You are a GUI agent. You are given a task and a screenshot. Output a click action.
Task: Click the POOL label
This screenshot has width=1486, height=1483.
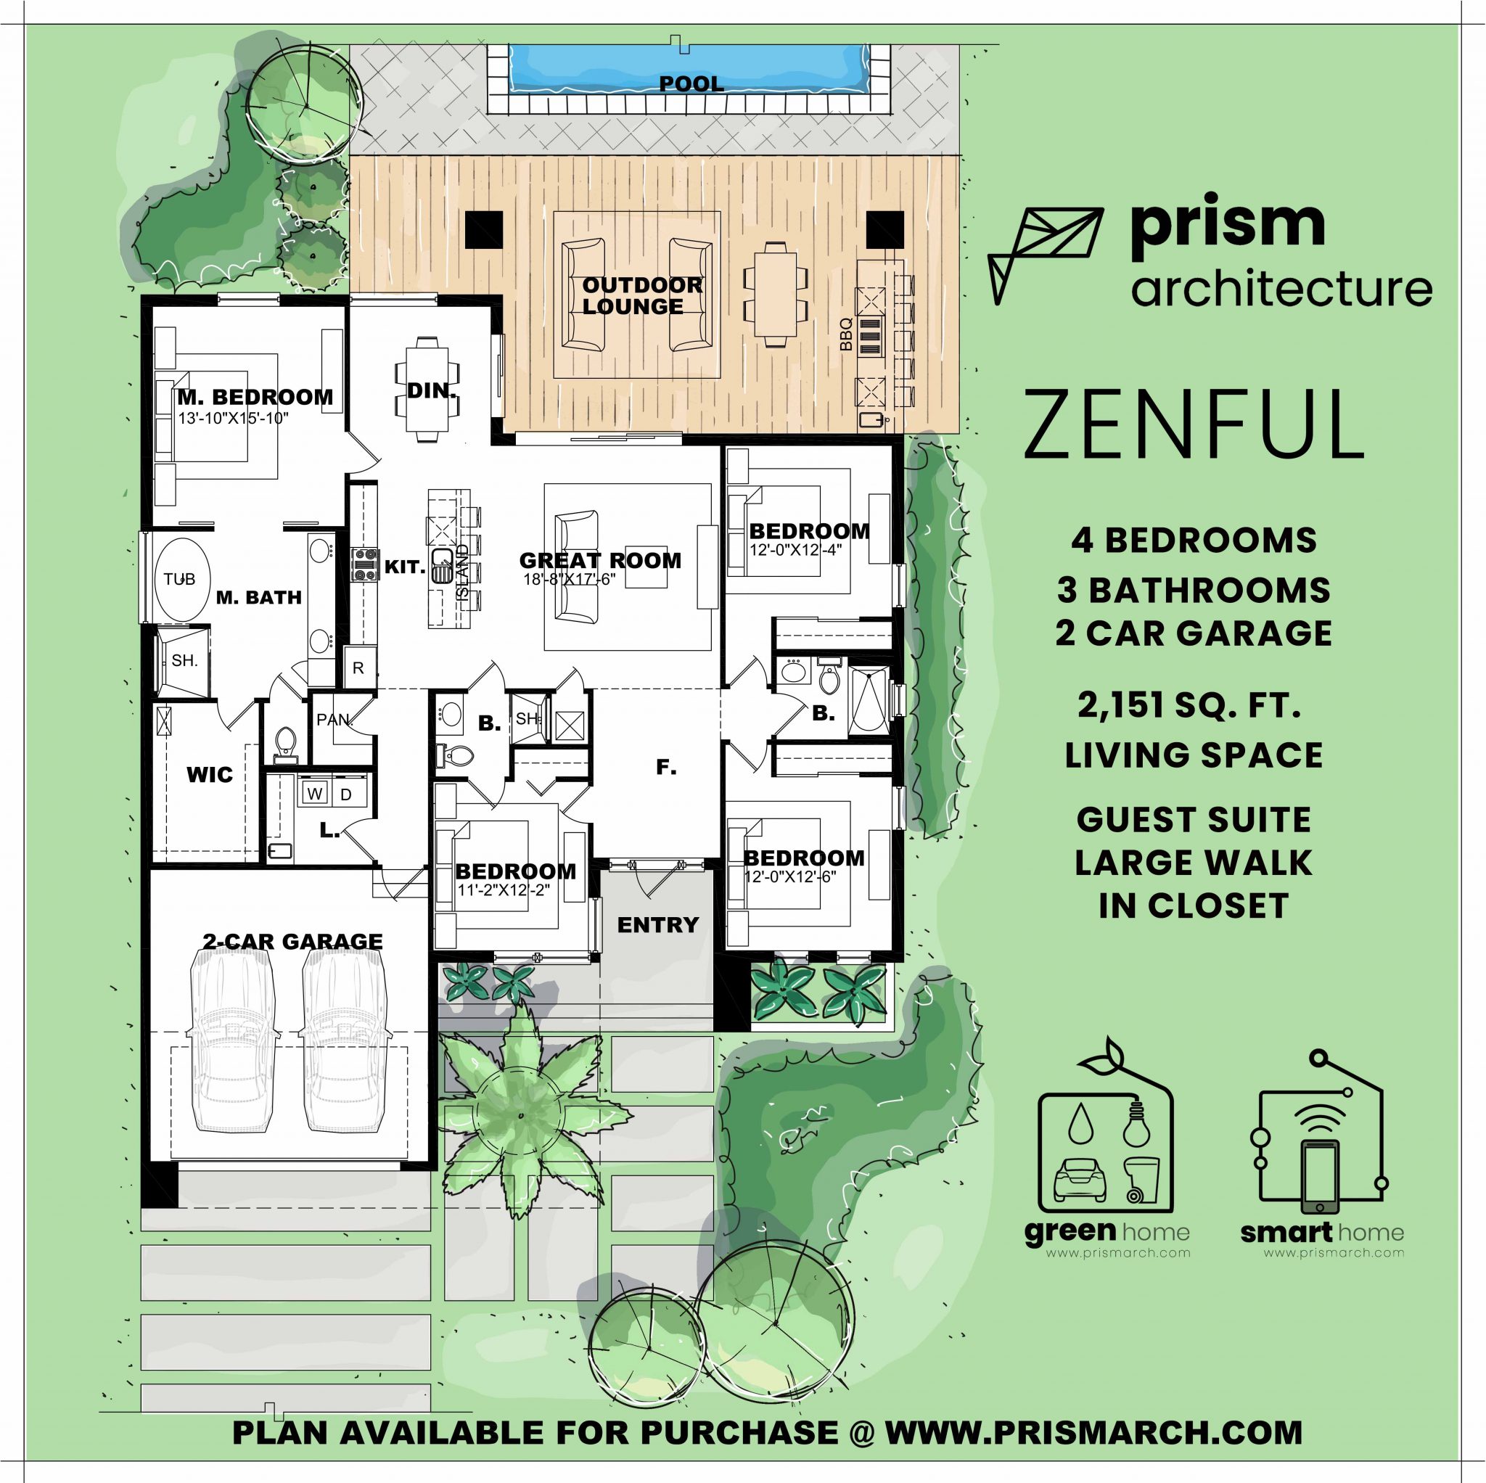pos(691,84)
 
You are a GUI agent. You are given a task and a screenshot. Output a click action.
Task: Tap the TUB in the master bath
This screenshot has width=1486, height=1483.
pos(179,579)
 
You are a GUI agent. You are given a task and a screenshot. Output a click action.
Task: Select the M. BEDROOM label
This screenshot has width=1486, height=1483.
pos(255,397)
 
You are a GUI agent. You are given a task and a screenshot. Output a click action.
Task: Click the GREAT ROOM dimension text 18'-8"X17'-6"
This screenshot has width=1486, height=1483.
pos(570,580)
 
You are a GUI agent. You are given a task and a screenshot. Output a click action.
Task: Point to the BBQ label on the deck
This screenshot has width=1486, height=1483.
pos(846,334)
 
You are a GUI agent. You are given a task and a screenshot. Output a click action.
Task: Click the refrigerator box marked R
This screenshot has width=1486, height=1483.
pos(358,667)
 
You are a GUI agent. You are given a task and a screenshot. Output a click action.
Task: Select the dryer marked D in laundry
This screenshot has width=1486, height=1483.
pos(346,794)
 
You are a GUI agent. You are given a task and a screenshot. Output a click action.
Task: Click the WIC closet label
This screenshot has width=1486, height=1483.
pos(209,774)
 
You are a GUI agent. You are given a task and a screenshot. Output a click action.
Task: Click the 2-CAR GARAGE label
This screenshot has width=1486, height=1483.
pos(292,941)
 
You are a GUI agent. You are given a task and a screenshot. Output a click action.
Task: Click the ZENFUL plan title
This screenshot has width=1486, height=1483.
pos(1193,425)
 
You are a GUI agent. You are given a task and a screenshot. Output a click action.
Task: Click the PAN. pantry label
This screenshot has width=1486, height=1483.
pos(334,720)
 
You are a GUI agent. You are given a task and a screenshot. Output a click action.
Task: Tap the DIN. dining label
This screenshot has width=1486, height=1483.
pos(432,390)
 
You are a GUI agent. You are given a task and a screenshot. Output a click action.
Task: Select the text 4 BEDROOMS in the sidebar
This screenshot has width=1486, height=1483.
pos(1193,540)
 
